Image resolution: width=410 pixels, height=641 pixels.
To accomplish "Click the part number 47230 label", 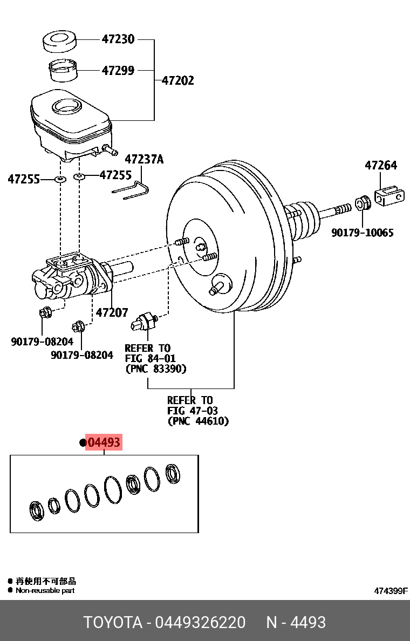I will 118,39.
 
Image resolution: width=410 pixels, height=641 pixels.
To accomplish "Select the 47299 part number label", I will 118,70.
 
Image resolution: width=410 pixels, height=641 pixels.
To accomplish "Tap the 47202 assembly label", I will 177,81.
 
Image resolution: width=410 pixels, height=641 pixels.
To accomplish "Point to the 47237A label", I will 143,159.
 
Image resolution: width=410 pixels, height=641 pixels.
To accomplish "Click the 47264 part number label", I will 380,165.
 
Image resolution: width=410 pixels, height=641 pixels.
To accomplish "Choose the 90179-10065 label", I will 362,233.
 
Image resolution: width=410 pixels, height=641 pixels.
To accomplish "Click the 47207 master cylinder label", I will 112,312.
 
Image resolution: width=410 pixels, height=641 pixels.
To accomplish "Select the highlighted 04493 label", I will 104,443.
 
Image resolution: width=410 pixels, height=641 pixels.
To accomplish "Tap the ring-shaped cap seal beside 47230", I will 59,42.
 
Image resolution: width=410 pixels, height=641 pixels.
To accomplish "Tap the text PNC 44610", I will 198,421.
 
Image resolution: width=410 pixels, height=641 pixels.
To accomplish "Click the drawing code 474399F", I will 391,591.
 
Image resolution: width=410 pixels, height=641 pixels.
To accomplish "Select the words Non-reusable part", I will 45,590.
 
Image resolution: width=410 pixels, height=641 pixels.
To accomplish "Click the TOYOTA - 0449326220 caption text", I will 164,623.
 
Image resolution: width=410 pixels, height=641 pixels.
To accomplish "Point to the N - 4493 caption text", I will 296,623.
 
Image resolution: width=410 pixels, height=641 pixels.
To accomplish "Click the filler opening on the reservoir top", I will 67,106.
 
